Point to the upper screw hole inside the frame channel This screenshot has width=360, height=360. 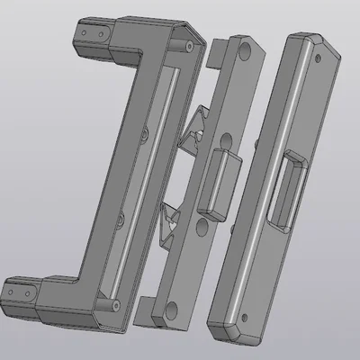pyautogui.click(x=145, y=133)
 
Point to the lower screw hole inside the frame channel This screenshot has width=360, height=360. pyautogui.click(x=119, y=219)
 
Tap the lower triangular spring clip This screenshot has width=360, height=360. pyautogui.click(x=169, y=226)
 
